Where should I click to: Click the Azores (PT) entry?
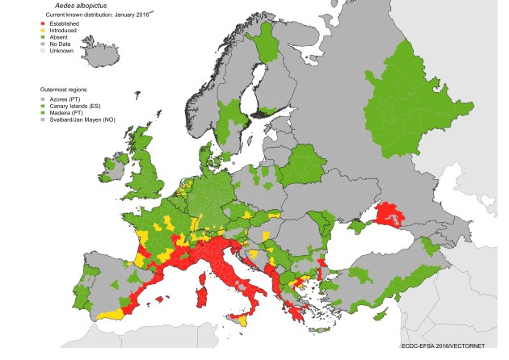(67, 98)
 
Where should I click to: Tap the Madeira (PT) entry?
(67, 113)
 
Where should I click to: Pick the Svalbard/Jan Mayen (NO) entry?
(85, 120)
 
